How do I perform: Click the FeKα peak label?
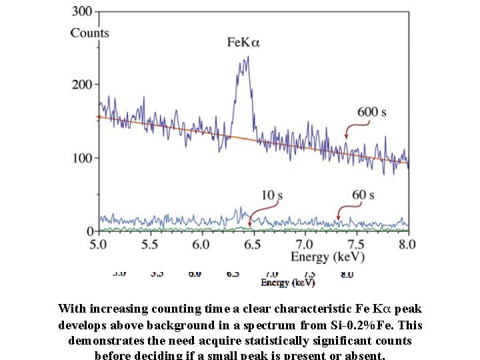(243, 43)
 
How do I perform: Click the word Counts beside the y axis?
(89, 33)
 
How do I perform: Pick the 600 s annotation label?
(372, 112)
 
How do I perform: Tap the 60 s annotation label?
(363, 195)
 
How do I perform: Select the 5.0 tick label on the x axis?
(99, 244)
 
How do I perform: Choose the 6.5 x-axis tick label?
(253, 244)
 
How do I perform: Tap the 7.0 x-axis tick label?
(304, 244)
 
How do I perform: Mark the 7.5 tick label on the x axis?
(355, 244)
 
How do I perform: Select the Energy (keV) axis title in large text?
(327, 257)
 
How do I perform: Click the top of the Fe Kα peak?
(247, 57)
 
